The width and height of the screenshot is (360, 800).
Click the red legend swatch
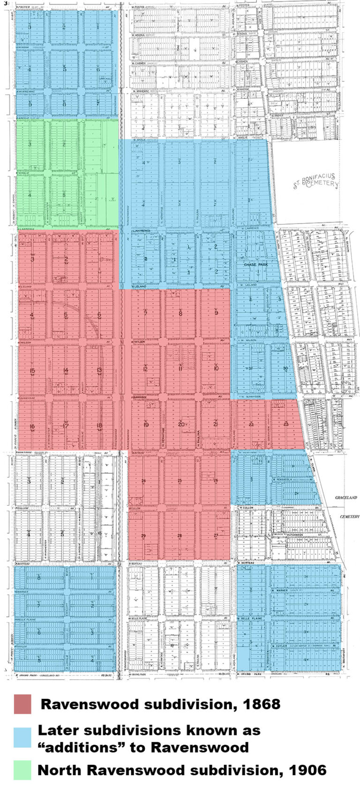coord(22,704)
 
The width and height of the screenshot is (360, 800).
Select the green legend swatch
coord(22,770)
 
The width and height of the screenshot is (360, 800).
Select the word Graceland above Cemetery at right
coord(346,497)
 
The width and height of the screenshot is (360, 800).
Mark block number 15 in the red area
coord(32,371)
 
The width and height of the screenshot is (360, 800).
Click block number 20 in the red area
coord(181,425)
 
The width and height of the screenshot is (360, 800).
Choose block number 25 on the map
coord(180,481)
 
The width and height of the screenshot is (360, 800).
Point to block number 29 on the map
coord(143,536)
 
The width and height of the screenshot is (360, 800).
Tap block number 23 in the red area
coord(286,424)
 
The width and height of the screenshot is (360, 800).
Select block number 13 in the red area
coord(99,370)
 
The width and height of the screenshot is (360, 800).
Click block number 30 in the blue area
coord(285,368)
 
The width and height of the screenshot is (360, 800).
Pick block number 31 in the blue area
coord(251,368)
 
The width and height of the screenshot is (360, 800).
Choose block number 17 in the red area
coord(66,426)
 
